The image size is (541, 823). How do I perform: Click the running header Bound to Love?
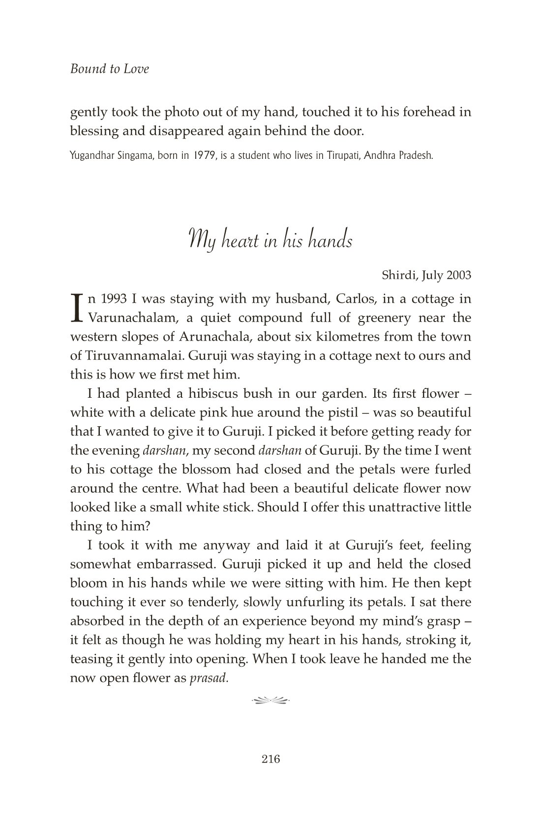coord(109,69)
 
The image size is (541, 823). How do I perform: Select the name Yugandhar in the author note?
coord(92,156)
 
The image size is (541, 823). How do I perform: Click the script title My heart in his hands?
coord(270,240)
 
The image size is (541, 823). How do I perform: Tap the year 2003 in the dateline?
coord(458,275)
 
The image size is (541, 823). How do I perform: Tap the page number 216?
coord(270,759)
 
